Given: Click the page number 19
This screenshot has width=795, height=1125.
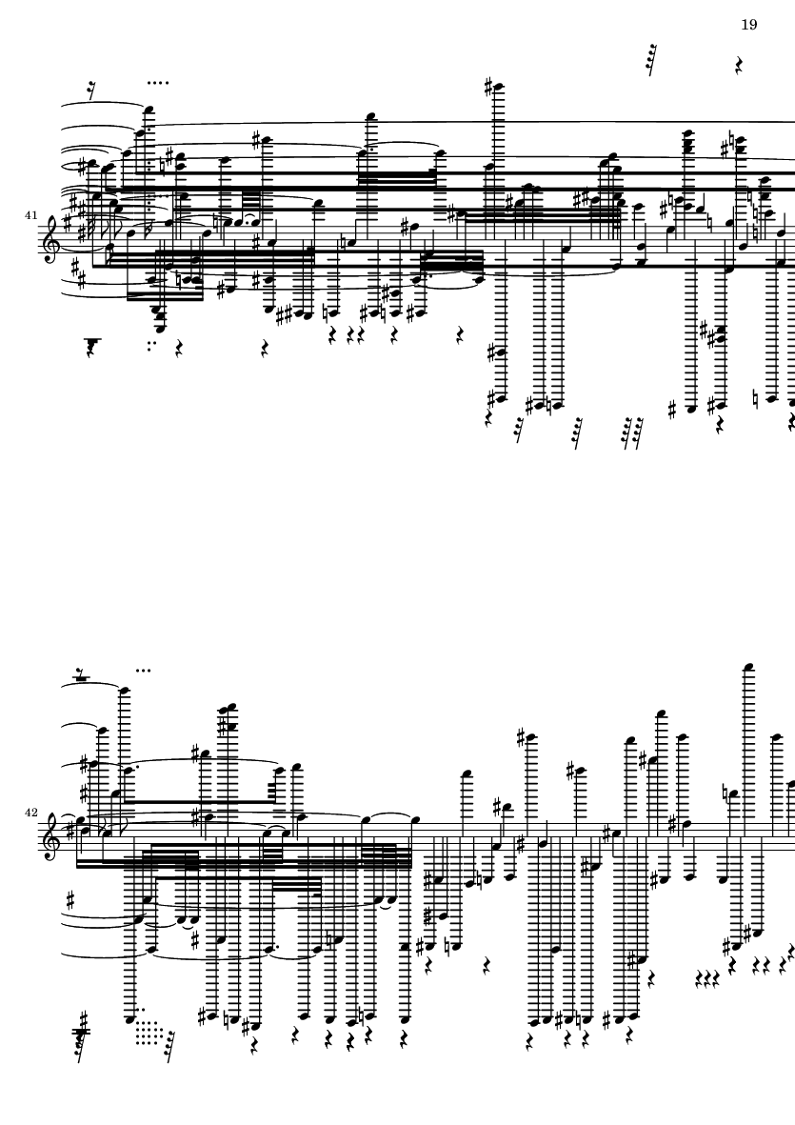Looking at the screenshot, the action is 748,25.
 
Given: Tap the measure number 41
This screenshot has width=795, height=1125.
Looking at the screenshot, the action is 30,215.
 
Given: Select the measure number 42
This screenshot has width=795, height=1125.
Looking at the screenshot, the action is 30,813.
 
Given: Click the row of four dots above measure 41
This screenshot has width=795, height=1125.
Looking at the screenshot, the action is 158,83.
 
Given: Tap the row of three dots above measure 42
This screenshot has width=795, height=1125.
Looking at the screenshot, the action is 143,671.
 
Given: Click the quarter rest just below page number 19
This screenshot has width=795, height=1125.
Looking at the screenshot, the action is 739,66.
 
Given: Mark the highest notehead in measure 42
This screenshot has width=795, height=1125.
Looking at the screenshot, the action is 749,667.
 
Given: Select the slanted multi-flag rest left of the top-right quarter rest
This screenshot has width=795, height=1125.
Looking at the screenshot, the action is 651,60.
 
